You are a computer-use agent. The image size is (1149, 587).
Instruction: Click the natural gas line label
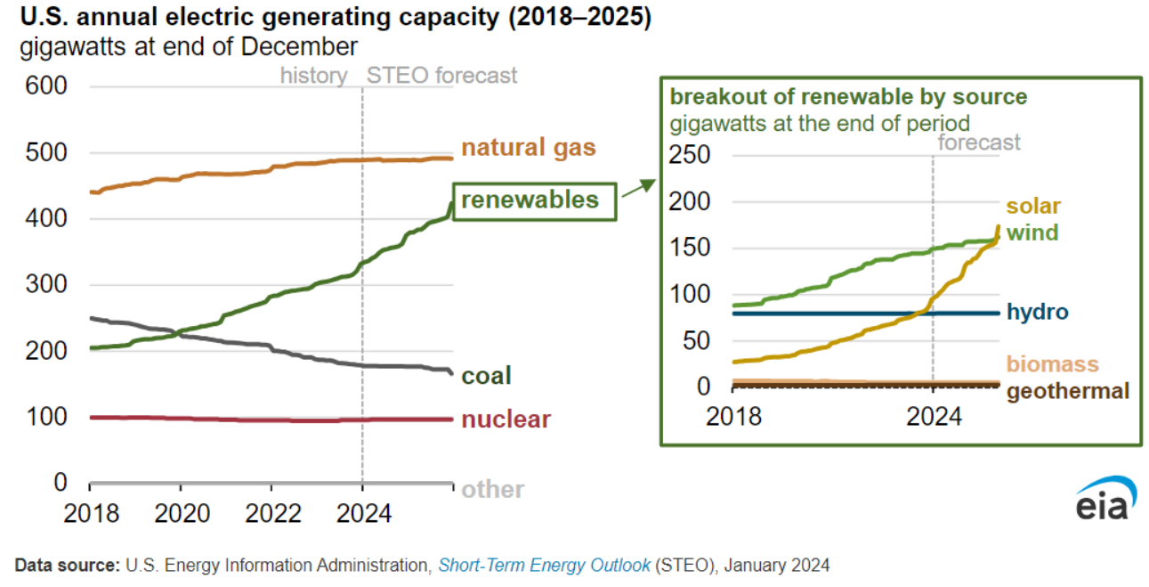pos(528,148)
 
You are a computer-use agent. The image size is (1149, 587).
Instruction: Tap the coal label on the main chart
pos(486,376)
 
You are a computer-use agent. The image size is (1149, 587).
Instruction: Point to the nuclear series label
pos(506,420)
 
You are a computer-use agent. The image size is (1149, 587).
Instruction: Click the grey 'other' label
pos(492,489)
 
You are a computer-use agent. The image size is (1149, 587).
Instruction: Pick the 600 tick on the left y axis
pos(46,87)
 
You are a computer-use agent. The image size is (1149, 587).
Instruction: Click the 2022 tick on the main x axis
pos(271,514)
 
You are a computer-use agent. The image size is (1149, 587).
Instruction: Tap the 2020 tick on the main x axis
pos(181,514)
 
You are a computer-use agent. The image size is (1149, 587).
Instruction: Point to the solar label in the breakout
pos(1033,207)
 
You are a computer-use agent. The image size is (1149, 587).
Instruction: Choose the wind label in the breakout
pos(1032,233)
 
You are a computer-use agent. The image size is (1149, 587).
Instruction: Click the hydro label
pos(1037,312)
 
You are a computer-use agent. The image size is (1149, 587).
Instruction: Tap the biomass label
pos(1052,364)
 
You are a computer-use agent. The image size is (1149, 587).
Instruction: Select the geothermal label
pos(1067,390)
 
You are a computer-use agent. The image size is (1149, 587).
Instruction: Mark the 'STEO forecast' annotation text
pos(441,76)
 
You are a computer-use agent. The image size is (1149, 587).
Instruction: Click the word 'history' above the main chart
pos(313,76)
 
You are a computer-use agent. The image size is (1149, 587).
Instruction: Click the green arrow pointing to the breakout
pos(637,187)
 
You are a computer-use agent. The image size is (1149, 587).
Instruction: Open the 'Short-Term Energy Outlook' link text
pos(544,565)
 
